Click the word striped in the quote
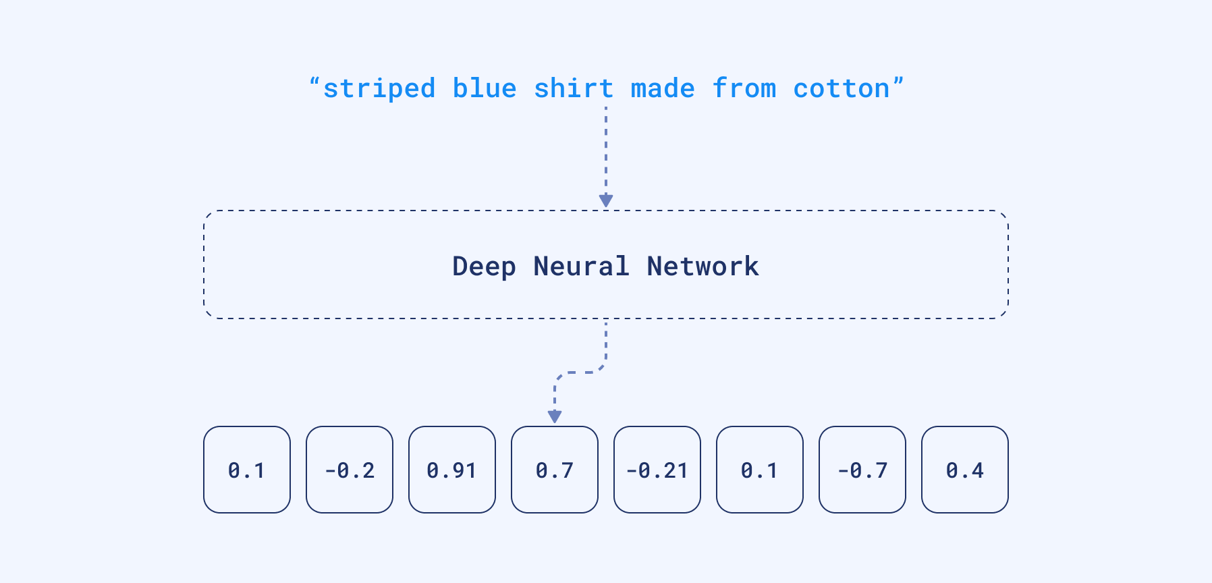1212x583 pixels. point(379,89)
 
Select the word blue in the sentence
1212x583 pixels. point(485,89)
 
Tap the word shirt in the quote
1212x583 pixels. point(574,89)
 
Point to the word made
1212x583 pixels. point(663,89)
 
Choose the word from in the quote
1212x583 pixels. point(744,89)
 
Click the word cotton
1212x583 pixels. point(842,89)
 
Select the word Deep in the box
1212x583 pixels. point(484,267)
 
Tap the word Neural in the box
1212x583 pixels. point(581,267)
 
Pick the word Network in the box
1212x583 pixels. point(703,267)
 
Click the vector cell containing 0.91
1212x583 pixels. point(452,470)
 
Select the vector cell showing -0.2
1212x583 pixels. point(350,470)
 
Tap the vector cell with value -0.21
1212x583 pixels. point(657,470)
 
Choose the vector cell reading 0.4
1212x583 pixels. point(965,470)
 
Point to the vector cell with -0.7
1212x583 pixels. point(862,470)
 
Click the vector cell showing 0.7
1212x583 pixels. point(555,470)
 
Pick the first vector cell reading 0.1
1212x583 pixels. point(247,470)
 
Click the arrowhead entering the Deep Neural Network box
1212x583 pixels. point(606,201)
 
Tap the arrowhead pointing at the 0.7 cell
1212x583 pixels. point(555,417)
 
